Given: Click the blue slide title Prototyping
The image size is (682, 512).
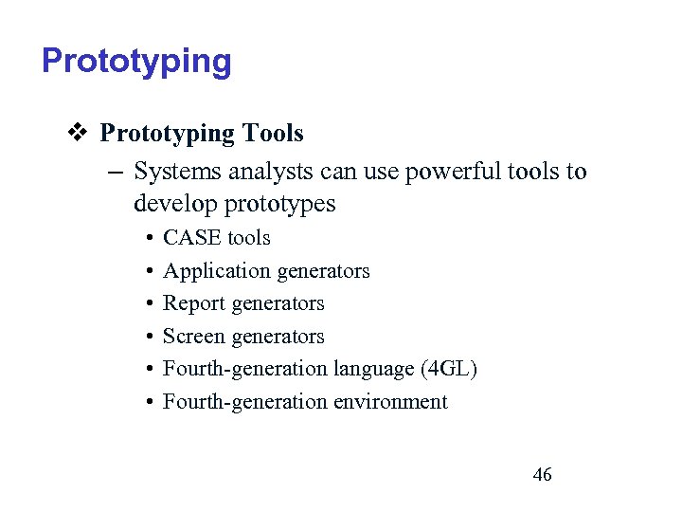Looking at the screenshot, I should [x=136, y=62].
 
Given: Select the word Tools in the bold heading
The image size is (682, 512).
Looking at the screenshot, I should [x=272, y=134].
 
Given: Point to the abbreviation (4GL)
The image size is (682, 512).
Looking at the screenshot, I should [x=448, y=369].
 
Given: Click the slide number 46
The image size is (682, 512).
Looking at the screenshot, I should [x=542, y=475].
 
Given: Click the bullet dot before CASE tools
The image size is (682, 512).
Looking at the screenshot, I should [x=151, y=239].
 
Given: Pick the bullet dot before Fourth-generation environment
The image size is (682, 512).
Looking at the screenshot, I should [x=151, y=403].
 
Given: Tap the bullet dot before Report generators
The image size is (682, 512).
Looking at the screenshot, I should [x=151, y=304].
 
